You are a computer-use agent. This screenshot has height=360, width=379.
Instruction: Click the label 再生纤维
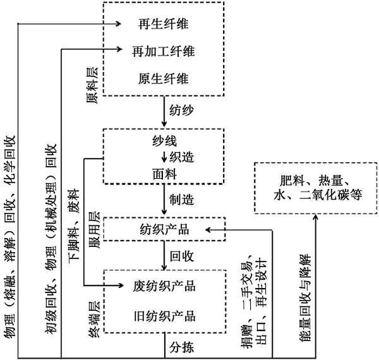click(163, 25)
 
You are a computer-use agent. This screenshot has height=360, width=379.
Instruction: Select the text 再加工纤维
click(163, 50)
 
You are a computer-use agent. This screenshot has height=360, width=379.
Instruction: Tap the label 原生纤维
click(163, 79)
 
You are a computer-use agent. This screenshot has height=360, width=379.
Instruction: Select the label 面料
click(163, 172)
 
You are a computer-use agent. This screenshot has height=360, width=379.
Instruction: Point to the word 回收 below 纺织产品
click(182, 257)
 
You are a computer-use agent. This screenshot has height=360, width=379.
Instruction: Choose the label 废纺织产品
click(163, 286)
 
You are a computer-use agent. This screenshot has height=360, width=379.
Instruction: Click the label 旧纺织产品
click(163, 315)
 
